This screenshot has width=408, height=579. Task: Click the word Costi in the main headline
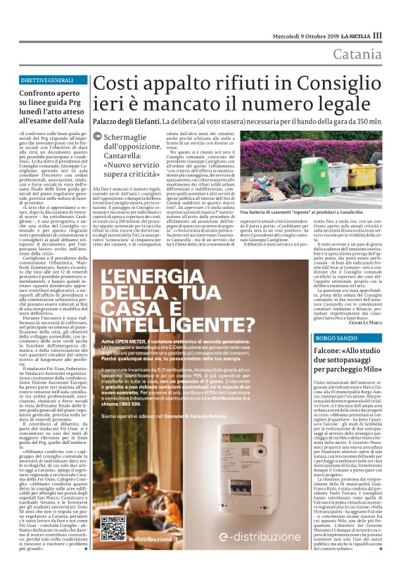pyautogui.click(x=120, y=84)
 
